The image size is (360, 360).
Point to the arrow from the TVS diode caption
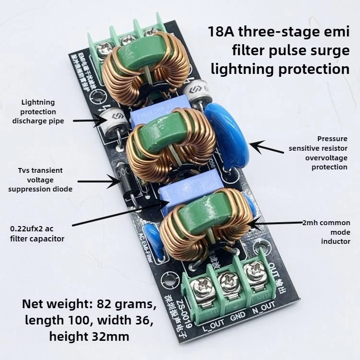pyautogui.click(x=98, y=181)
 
